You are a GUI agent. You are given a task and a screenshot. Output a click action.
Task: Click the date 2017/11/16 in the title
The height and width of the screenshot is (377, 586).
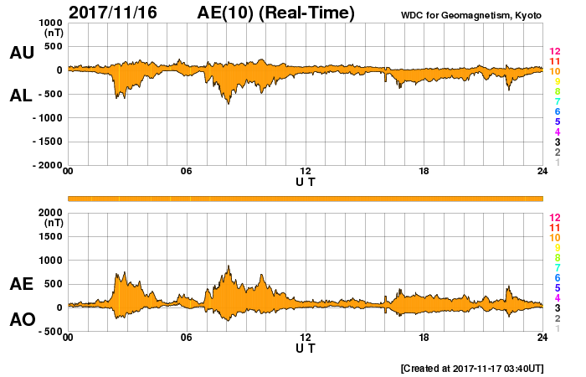(x=116, y=13)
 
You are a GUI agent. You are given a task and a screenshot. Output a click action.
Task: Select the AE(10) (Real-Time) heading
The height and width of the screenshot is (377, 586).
(x=276, y=13)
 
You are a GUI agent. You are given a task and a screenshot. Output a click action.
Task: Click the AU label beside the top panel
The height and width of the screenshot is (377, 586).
(x=21, y=53)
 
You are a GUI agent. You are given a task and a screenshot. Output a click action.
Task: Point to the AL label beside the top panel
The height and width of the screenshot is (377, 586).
(x=21, y=96)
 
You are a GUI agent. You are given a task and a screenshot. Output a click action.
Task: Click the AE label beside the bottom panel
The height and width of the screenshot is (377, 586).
(x=21, y=284)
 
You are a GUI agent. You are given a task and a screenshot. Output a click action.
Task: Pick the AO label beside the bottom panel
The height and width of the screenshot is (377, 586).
(x=21, y=319)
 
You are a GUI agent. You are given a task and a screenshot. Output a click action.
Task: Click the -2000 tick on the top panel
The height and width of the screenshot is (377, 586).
(x=43, y=165)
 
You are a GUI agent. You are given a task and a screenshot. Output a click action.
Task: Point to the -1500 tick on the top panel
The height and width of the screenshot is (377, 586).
(x=43, y=142)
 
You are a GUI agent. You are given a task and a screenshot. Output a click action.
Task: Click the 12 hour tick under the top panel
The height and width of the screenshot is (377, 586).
(x=306, y=172)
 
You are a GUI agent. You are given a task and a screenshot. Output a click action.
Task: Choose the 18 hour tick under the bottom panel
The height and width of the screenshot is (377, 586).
(x=424, y=338)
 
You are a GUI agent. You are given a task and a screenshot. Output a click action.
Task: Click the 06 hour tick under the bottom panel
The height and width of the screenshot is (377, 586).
(x=187, y=338)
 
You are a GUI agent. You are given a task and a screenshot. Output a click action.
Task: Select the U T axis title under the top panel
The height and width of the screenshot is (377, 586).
(x=306, y=181)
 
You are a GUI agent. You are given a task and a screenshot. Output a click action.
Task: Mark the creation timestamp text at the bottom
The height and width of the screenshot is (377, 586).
(x=473, y=368)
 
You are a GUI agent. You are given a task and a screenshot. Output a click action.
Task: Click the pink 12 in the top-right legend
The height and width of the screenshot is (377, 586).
(x=554, y=51)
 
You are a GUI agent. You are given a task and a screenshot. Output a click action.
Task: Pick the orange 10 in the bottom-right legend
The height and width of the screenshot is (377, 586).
(x=554, y=237)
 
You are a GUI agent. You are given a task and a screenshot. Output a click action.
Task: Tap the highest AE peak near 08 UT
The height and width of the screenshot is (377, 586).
(x=229, y=266)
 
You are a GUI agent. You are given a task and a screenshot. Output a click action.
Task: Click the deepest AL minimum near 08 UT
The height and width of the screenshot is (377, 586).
(x=229, y=103)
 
